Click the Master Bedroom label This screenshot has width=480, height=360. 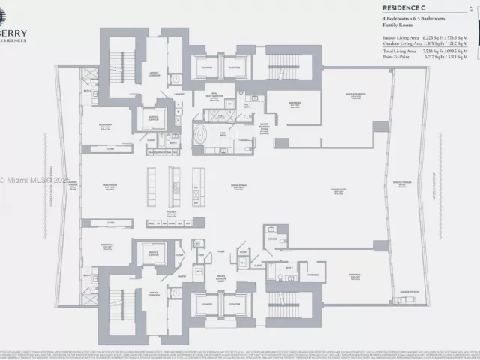click(x=355, y=95)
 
